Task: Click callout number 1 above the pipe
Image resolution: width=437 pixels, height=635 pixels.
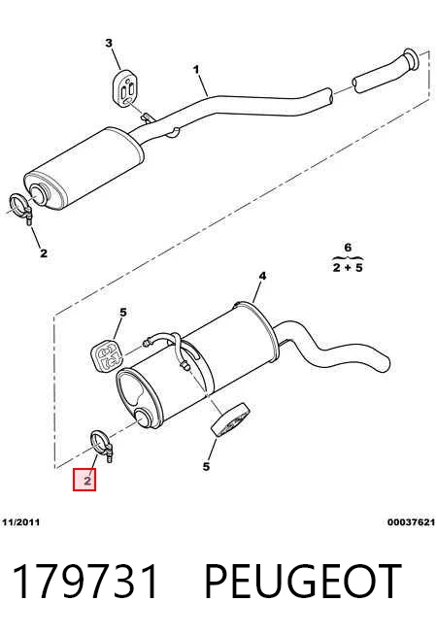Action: (x=196, y=70)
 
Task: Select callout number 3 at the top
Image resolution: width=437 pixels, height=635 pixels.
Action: (x=109, y=43)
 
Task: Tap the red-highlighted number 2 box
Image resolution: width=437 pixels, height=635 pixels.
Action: (x=84, y=479)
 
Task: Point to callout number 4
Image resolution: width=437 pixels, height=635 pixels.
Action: (x=262, y=276)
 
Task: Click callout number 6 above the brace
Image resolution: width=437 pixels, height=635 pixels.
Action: (x=348, y=247)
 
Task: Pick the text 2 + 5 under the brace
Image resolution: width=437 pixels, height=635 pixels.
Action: (x=348, y=267)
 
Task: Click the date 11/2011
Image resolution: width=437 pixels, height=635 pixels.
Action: (x=21, y=522)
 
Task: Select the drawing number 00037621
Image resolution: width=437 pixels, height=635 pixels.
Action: (x=411, y=522)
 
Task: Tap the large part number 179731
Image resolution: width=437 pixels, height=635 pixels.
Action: (x=85, y=582)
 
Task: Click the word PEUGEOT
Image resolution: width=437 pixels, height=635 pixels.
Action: (x=303, y=582)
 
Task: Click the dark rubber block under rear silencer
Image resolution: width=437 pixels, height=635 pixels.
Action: (x=230, y=420)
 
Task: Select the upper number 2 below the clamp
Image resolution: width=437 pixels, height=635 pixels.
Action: (x=44, y=253)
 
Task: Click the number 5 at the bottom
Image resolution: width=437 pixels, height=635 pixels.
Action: (x=206, y=466)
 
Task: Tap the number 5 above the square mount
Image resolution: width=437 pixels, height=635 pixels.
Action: (x=123, y=313)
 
